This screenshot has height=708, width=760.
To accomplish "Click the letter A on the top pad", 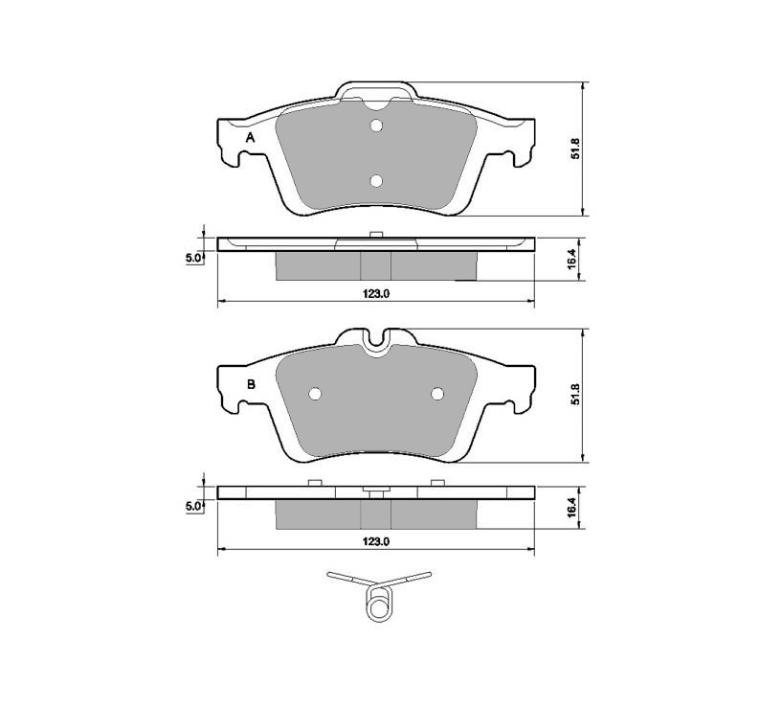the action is [x=250, y=138].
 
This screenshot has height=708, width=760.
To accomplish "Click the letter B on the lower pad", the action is [x=251, y=385].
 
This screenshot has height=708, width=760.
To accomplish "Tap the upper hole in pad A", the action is [x=376, y=126].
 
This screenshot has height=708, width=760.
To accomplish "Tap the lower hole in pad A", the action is [x=376, y=181].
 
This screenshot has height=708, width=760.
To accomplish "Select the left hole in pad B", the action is [x=315, y=394].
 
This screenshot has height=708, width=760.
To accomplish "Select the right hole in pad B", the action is [x=437, y=394].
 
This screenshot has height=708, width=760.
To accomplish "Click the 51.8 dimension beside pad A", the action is [x=575, y=148].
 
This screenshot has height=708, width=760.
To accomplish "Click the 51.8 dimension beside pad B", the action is [x=575, y=396].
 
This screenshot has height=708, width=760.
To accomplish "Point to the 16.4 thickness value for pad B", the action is [x=571, y=507].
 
